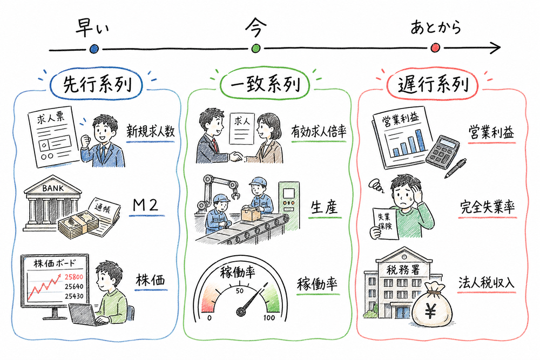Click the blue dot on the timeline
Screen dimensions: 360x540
[94, 49]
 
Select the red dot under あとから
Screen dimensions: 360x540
[435, 48]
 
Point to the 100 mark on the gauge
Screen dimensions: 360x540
[268, 317]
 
